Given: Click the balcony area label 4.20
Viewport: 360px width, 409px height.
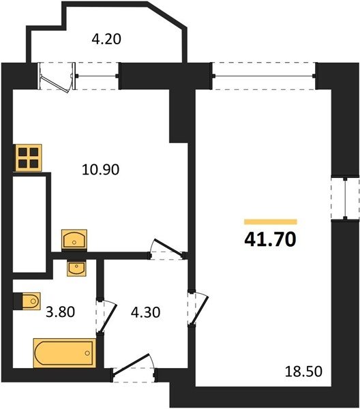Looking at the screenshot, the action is pyautogui.click(x=106, y=40).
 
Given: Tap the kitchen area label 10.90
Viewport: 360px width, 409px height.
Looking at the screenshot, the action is pyautogui.click(x=101, y=170).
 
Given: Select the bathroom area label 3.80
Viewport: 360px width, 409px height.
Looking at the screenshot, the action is pyautogui.click(x=60, y=312).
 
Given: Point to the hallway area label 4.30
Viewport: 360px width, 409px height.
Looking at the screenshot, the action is pyautogui.click(x=145, y=312).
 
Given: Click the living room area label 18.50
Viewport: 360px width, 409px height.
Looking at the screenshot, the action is pyautogui.click(x=303, y=372).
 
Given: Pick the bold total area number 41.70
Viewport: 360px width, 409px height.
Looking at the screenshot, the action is pyautogui.click(x=270, y=240).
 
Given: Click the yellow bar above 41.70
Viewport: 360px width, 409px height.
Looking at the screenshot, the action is pyautogui.click(x=271, y=222).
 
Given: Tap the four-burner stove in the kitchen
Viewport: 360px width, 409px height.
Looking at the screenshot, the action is pyautogui.click(x=29, y=158).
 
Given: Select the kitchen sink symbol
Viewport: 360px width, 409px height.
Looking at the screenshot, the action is pyautogui.click(x=74, y=239).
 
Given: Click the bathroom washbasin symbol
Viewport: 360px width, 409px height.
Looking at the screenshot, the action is pyautogui.click(x=76, y=269).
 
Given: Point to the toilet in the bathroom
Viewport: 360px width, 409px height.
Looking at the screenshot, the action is pyautogui.click(x=29, y=301).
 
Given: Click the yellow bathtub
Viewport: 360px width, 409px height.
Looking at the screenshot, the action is pyautogui.click(x=65, y=353).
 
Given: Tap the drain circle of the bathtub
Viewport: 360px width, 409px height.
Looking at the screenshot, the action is pyautogui.click(x=87, y=353).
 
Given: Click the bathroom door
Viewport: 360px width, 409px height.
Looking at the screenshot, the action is pyautogui.click(x=106, y=316).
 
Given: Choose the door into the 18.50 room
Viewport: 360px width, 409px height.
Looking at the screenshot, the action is pyautogui.click(x=198, y=308).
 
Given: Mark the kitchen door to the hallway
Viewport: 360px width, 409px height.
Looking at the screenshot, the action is pyautogui.click(x=167, y=249).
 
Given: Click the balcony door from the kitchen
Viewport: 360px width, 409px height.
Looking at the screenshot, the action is pyautogui.click(x=57, y=77).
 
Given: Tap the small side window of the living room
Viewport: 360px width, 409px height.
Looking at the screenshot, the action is pyautogui.click(x=345, y=199).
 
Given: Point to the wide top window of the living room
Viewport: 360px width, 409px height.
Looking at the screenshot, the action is pyautogui.click(x=264, y=76).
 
